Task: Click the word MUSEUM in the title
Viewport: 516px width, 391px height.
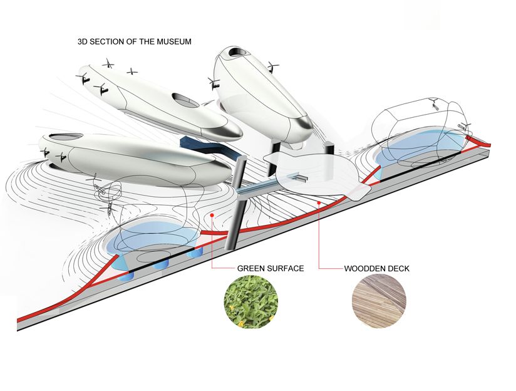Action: [175, 42]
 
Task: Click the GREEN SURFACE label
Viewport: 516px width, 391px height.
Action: [270, 268]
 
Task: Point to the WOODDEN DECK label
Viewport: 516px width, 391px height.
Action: [376, 268]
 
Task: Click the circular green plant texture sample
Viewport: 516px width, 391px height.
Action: [250, 301]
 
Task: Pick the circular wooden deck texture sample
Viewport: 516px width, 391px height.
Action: [379, 301]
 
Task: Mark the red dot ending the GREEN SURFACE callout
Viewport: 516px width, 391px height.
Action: [214, 214]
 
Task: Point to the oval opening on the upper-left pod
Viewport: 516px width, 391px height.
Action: [183, 98]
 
